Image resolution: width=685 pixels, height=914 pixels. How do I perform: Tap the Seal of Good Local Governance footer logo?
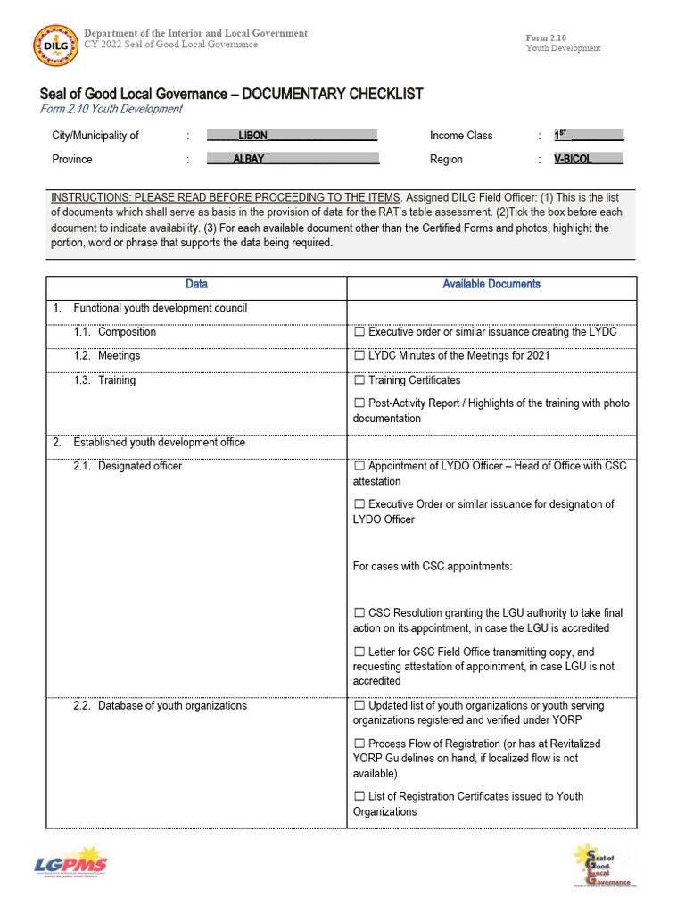click(x=602, y=865)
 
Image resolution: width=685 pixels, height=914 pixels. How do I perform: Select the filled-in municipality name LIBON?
click(x=252, y=136)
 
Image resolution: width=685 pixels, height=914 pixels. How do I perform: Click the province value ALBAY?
click(x=249, y=159)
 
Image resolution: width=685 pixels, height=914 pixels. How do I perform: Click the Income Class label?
click(x=461, y=136)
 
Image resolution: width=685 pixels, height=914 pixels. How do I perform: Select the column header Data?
click(x=196, y=284)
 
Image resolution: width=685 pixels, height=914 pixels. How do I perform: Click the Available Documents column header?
click(x=491, y=284)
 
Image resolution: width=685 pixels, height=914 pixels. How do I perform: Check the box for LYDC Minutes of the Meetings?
click(x=359, y=356)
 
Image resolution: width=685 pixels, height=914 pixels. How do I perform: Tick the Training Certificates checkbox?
click(x=359, y=380)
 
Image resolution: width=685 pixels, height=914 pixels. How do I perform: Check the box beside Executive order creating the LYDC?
click(x=359, y=332)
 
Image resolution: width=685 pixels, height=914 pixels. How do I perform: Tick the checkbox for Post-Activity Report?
click(x=359, y=403)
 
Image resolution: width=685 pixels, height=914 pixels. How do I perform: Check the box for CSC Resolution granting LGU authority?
click(x=359, y=613)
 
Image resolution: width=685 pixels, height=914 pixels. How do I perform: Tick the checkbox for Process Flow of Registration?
click(x=359, y=744)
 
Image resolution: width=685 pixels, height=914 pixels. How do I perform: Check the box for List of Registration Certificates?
click(x=359, y=796)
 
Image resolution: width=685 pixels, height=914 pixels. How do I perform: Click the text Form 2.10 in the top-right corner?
click(x=546, y=37)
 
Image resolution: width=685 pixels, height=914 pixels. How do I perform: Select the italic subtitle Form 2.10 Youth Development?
click(x=111, y=109)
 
